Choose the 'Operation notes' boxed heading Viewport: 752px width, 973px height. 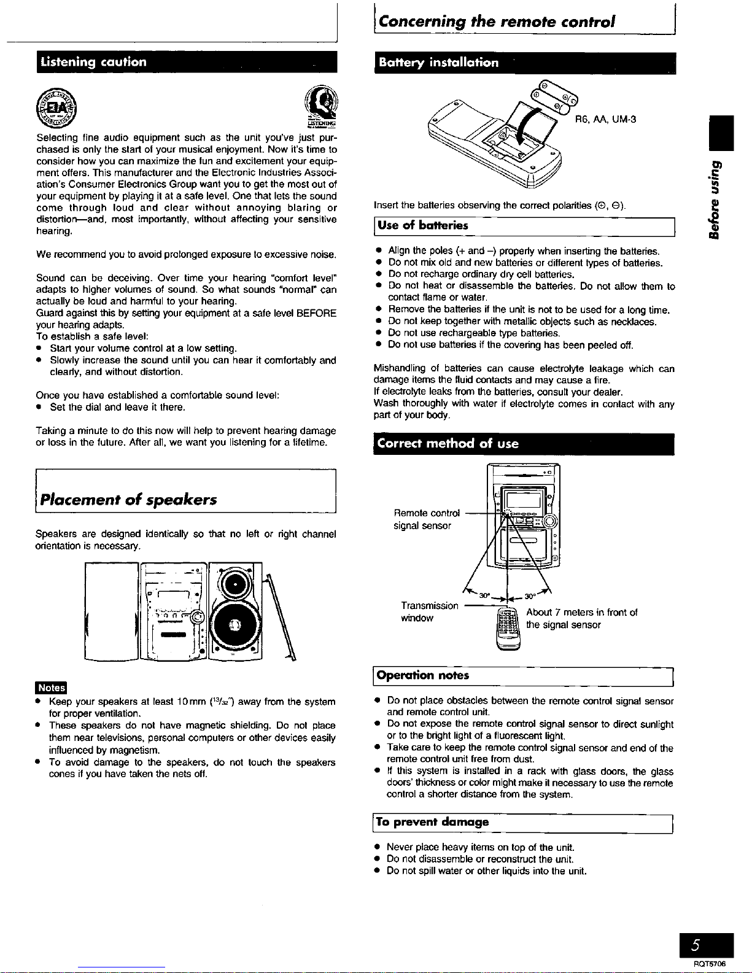(x=424, y=675)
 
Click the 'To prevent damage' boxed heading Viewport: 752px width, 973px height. (x=433, y=821)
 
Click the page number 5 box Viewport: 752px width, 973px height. (x=711, y=944)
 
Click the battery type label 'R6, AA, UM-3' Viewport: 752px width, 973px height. (x=605, y=119)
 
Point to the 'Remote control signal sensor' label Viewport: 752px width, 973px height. (x=427, y=519)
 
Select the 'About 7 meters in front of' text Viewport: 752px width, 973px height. (x=582, y=612)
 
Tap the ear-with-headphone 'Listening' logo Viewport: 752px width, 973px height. (x=321, y=107)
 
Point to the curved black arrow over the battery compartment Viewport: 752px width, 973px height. (x=528, y=132)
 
